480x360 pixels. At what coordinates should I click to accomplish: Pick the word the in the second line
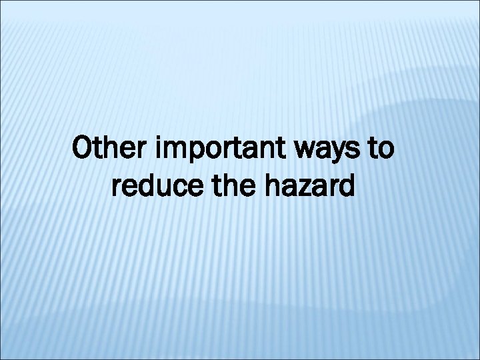point(229,187)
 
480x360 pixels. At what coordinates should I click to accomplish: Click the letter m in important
point(177,153)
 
